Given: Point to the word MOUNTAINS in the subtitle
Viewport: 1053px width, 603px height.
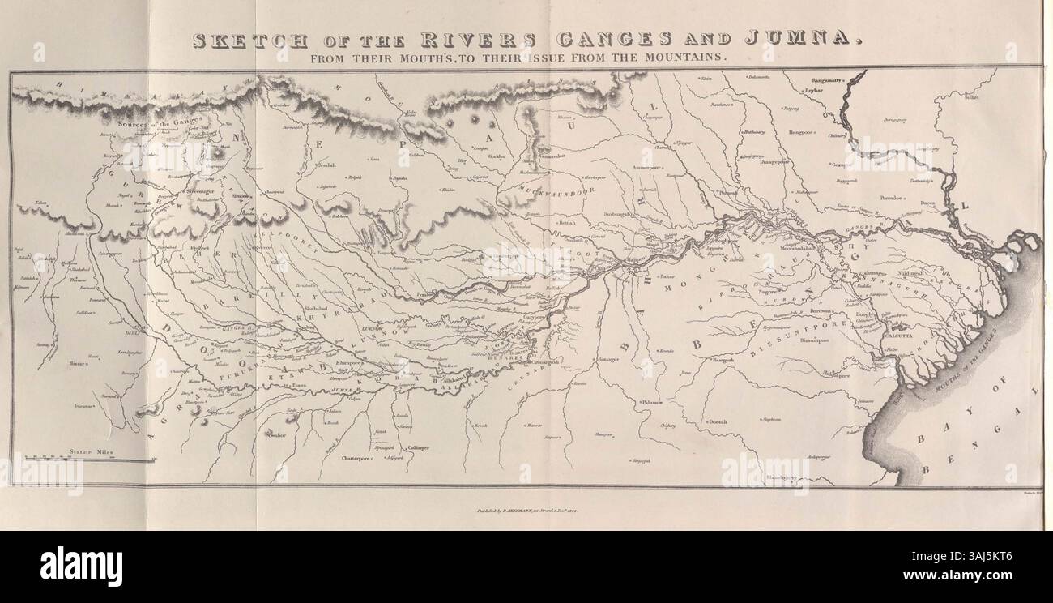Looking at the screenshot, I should [x=689, y=58].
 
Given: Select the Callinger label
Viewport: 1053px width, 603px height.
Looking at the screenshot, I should [x=419, y=447].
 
